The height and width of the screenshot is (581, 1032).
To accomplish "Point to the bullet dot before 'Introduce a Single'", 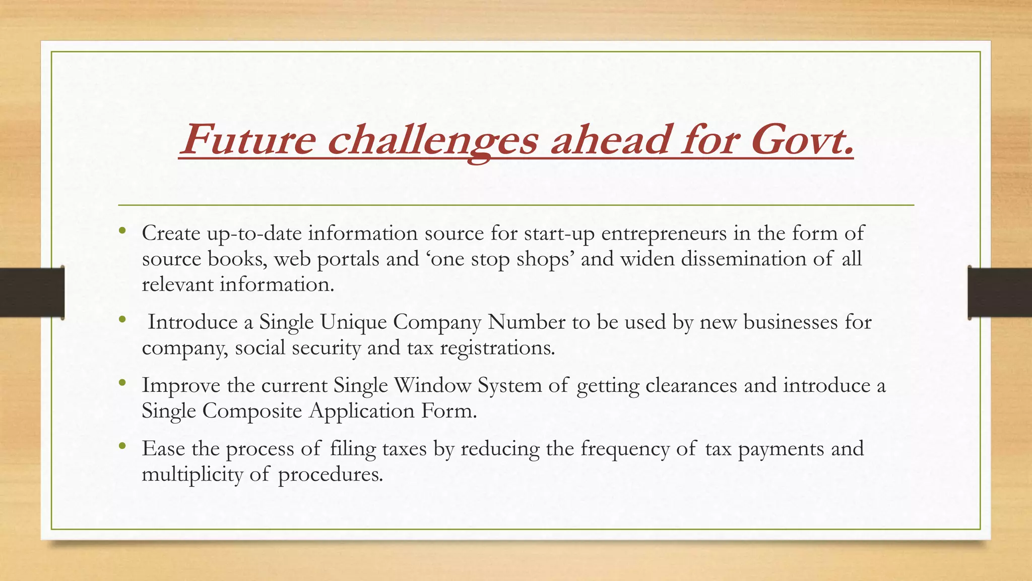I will click(x=122, y=320).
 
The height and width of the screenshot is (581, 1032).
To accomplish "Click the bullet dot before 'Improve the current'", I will click(x=122, y=383).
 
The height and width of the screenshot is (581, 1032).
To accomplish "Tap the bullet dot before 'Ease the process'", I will click(x=122, y=446).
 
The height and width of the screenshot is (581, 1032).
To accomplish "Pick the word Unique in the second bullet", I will click(x=353, y=322).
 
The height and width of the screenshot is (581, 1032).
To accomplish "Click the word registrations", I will click(x=497, y=348).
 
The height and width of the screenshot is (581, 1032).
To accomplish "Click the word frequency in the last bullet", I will click(x=624, y=449).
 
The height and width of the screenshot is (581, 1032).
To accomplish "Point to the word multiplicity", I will click(x=192, y=475).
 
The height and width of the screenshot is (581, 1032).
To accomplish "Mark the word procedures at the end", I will click(x=330, y=475).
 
